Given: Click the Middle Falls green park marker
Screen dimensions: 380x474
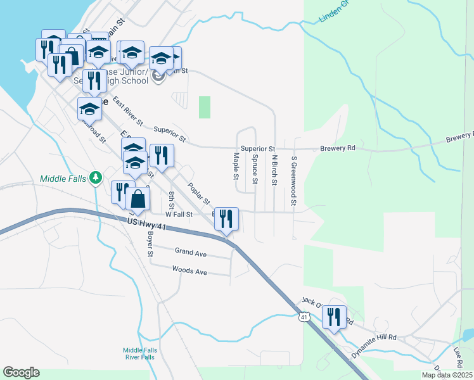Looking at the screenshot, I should pos(96,177).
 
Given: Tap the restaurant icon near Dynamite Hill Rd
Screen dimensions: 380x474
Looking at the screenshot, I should pos(334,317).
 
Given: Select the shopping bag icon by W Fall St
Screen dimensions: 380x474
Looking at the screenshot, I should pos(138,199).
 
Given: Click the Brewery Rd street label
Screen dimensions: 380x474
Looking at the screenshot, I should pos(337,148).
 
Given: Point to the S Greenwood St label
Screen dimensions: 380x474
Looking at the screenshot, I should pos(294,181).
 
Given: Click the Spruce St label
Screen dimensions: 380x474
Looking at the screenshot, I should pos(255,169).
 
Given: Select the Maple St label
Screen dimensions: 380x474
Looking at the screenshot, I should pos(236,165).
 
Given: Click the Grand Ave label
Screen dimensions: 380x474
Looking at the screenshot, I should pos(191,253).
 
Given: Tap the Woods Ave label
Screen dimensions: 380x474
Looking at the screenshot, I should pos(189,270).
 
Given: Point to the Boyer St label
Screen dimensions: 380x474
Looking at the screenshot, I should pos(151,244).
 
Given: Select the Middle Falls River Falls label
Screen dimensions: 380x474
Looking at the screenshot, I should pos(139,353).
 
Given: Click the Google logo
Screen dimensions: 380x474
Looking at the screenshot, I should pos(21,372).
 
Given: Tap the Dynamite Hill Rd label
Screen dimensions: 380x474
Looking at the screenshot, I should pos(375,338).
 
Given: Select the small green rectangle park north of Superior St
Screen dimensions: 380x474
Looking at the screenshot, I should pos(204,107).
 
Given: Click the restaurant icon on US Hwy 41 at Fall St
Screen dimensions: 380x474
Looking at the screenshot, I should pos(227,219).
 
